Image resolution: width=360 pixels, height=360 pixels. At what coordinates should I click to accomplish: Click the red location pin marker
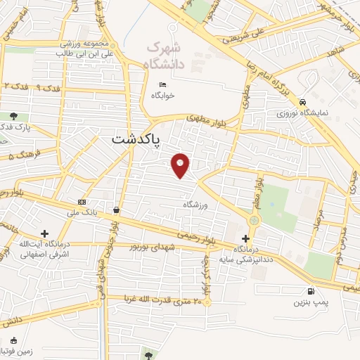(x=181, y=165)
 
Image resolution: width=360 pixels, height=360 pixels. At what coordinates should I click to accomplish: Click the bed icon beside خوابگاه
(x=163, y=85)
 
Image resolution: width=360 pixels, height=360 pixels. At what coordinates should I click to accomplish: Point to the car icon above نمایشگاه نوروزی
(x=302, y=101)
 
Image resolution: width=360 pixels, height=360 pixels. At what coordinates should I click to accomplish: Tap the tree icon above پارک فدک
(x=14, y=116)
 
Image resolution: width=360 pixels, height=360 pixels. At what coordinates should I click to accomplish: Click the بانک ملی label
(x=82, y=210)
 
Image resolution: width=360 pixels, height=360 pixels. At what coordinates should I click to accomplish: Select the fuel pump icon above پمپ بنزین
(x=310, y=291)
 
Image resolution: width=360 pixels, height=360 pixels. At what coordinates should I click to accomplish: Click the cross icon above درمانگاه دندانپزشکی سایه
(x=245, y=239)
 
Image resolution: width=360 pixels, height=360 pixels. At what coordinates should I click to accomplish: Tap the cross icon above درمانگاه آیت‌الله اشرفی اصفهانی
(x=44, y=233)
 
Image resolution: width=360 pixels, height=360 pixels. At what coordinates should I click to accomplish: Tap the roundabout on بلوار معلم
(x=254, y=220)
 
